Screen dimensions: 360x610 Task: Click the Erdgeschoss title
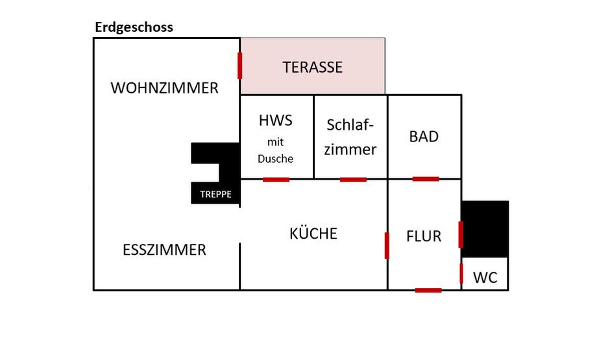(134, 27)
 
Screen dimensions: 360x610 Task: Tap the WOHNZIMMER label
(165, 88)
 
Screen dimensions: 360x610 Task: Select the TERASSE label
(312, 67)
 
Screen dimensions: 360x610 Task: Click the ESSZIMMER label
(164, 250)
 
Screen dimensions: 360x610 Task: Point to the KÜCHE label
(313, 234)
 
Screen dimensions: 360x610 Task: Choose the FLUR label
(424, 236)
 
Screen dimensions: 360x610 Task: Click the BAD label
(424, 136)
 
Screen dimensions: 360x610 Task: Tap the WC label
(485, 278)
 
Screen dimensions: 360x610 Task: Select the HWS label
(276, 120)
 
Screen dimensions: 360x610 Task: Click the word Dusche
(276, 158)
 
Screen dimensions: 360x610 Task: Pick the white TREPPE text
(215, 194)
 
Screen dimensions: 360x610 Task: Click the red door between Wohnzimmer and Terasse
(240, 66)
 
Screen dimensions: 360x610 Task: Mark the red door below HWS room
(276, 179)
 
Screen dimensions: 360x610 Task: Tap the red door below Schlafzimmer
(353, 179)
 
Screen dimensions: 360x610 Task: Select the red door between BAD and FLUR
(426, 178)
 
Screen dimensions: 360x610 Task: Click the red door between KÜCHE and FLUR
(387, 245)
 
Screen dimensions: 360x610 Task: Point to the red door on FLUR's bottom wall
(428, 290)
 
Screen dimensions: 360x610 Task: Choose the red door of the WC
(461, 274)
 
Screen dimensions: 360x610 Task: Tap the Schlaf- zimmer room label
(350, 137)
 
